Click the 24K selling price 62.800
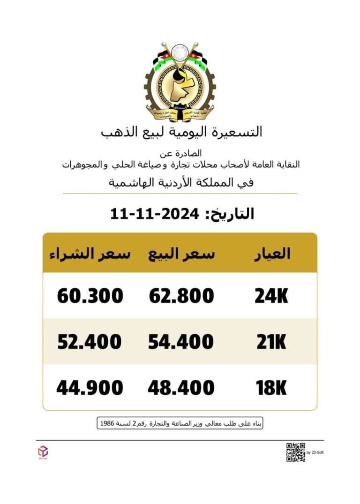pyautogui.click(x=181, y=296)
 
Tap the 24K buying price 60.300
pyautogui.click(x=90, y=296)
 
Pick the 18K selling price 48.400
pyautogui.click(x=181, y=388)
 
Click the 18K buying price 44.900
pyautogui.click(x=90, y=388)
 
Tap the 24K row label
pyautogui.click(x=271, y=296)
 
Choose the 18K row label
pyautogui.click(x=271, y=388)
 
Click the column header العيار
pyautogui.click(x=272, y=254)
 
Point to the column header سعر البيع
pyautogui.click(x=181, y=254)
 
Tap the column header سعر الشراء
pyautogui.click(x=89, y=254)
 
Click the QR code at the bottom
pyautogui.click(x=295, y=452)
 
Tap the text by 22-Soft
pyautogui.click(x=314, y=453)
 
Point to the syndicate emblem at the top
pyautogui.click(x=180, y=82)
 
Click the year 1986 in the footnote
pyautogui.click(x=107, y=423)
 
